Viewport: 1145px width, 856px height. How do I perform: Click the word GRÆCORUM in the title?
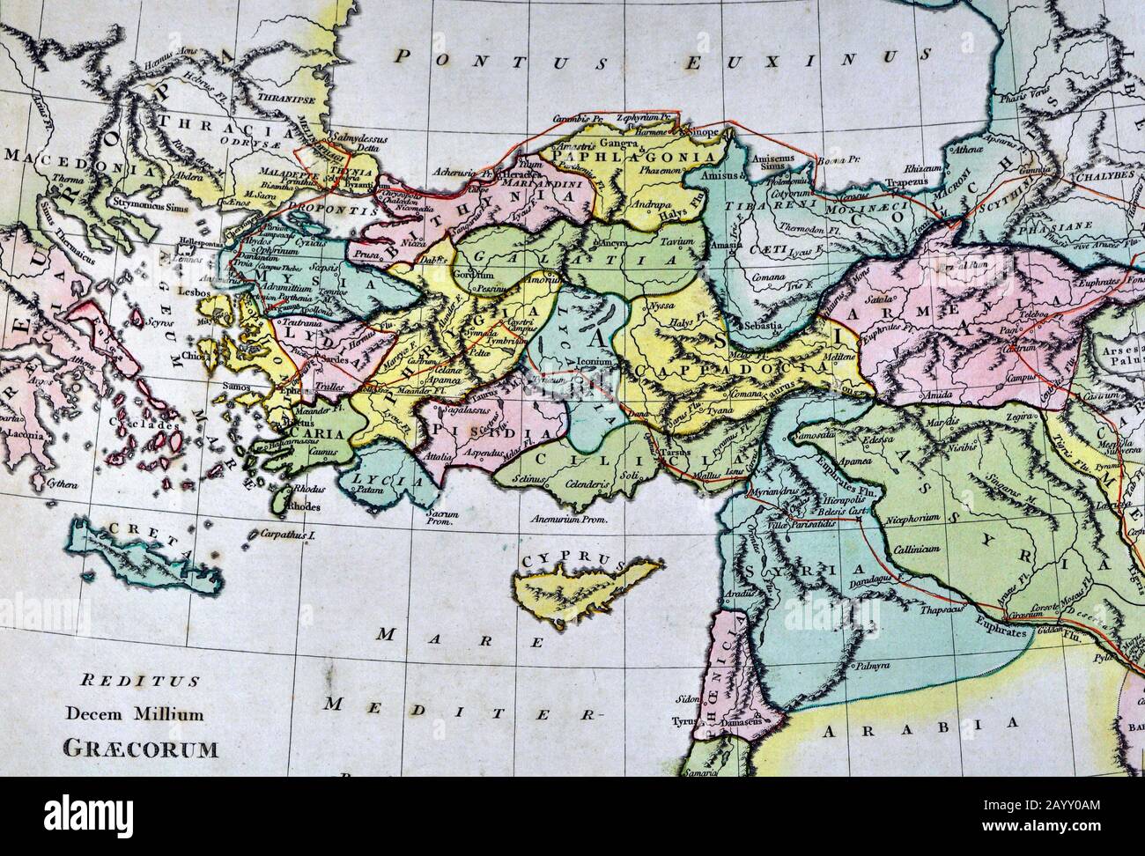[140, 749]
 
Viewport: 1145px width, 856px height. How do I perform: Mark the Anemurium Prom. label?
[572, 520]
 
